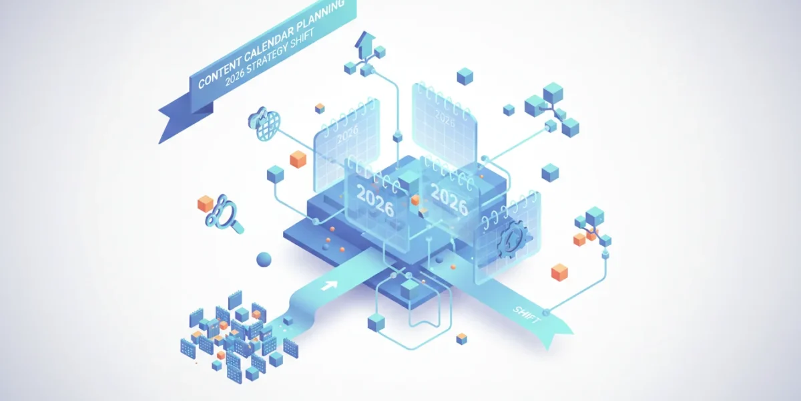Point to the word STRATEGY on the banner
click(268, 56)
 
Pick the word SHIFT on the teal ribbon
click(526, 315)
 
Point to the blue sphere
click(264, 259)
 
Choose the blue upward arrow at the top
click(364, 44)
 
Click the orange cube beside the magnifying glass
click(206, 203)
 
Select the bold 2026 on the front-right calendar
click(449, 199)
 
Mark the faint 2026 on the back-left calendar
click(348, 133)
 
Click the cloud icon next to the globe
click(257, 118)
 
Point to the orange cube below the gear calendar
click(559, 272)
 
